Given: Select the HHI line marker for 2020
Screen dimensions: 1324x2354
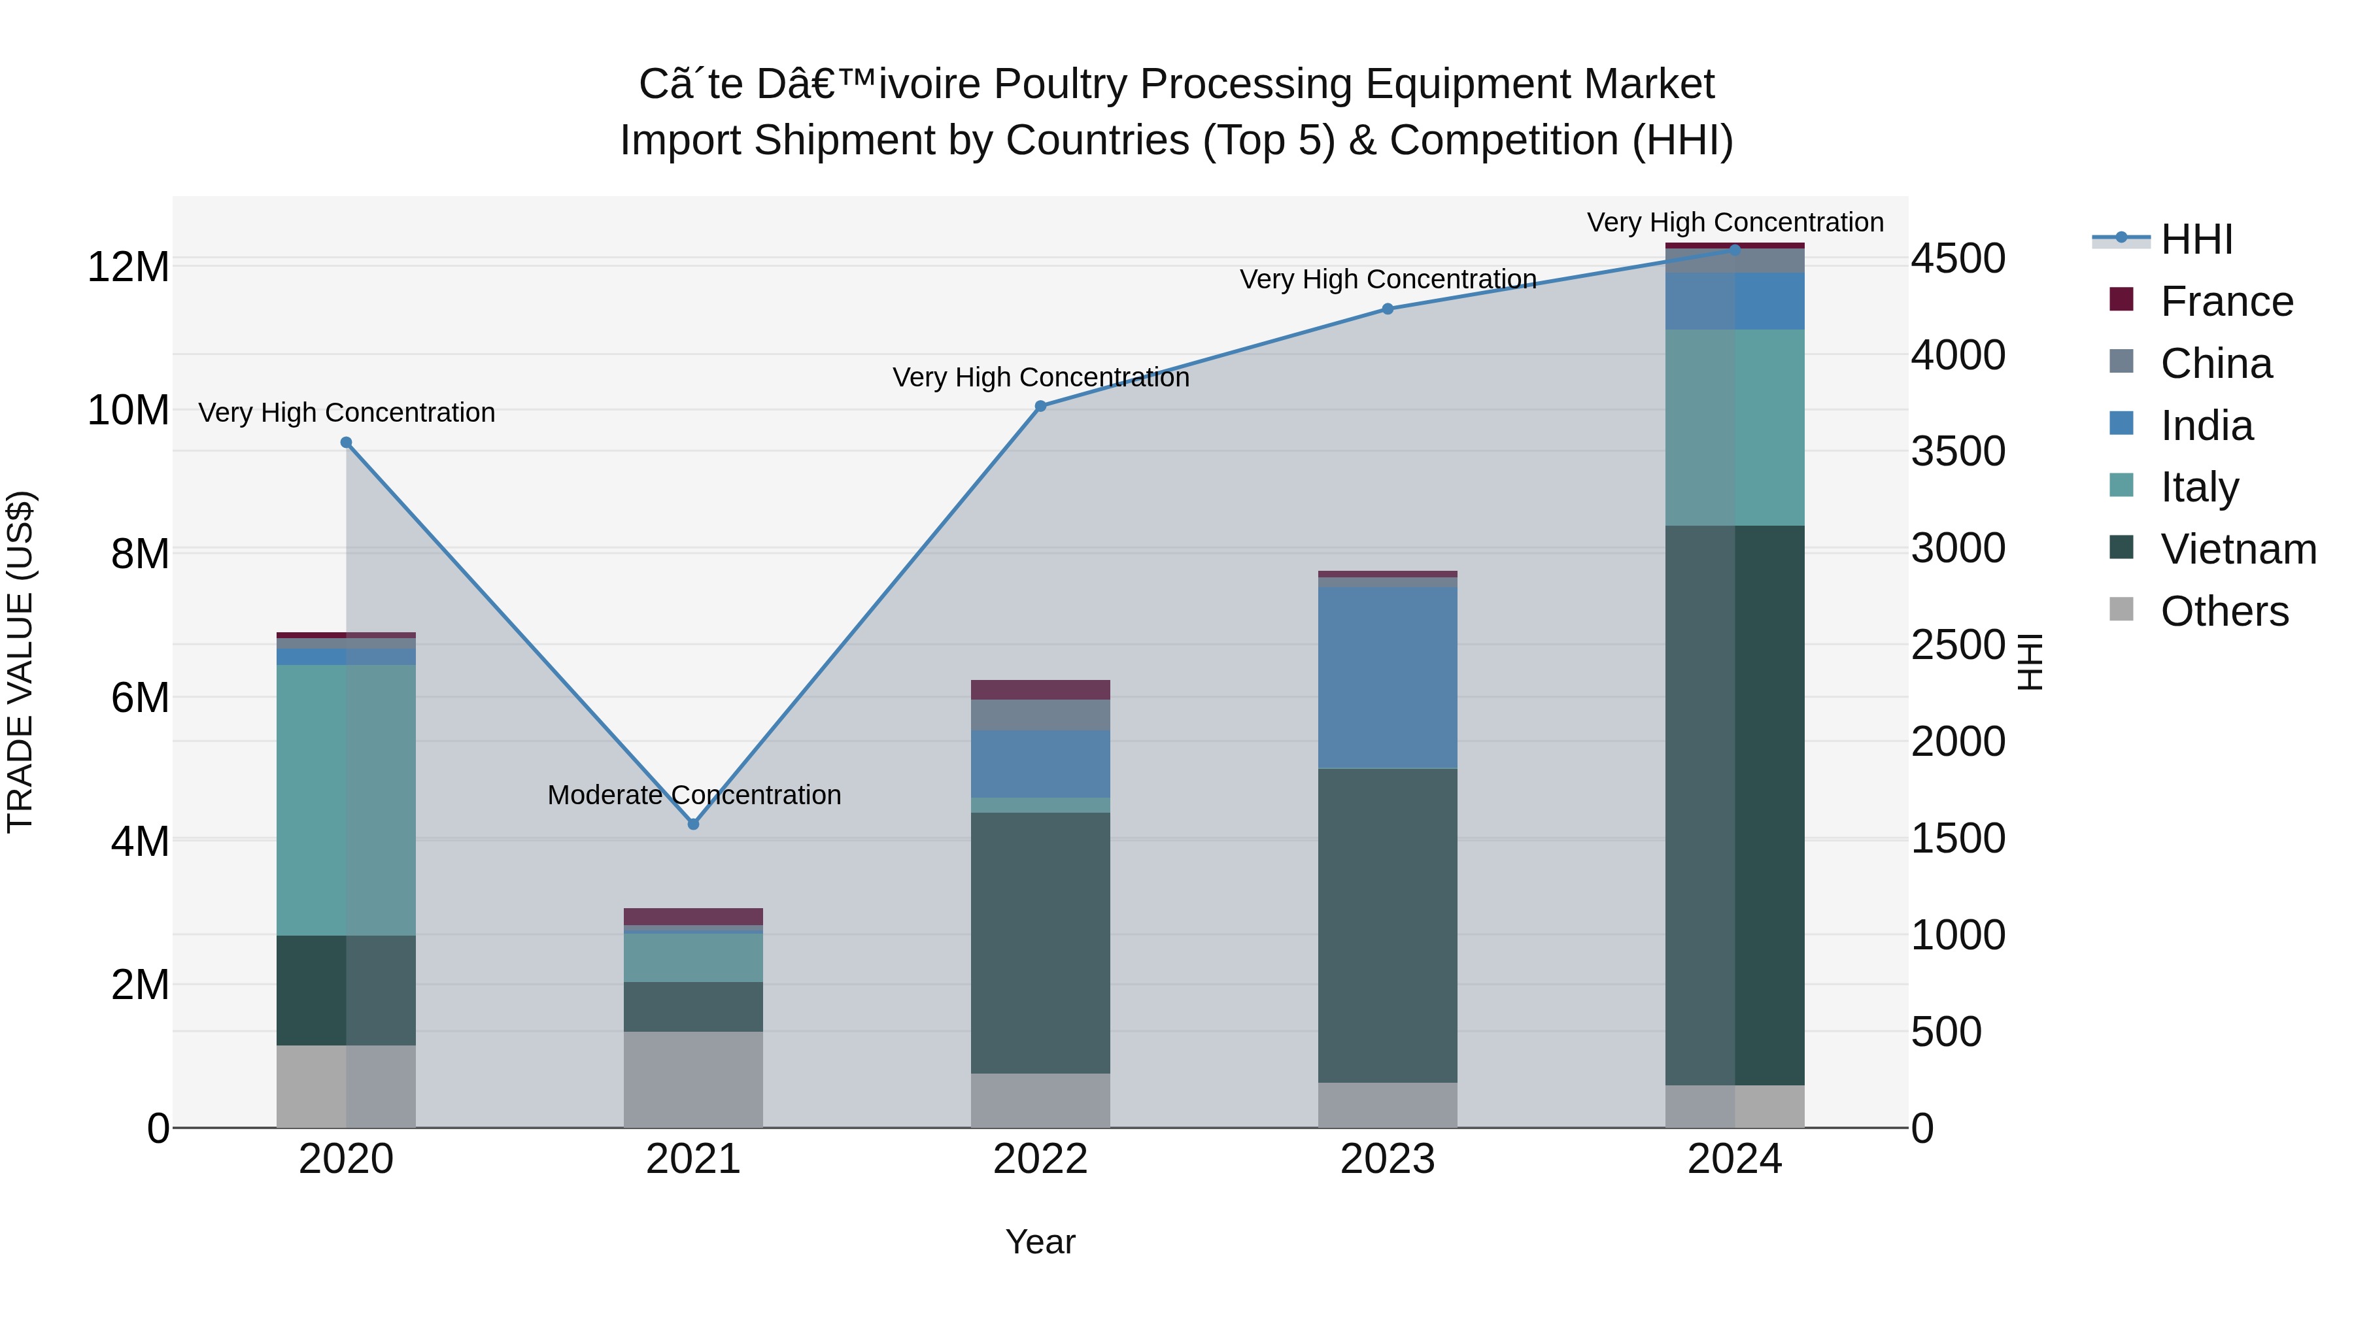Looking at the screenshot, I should coord(347,442).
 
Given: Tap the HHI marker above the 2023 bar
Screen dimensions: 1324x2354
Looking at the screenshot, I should coord(1387,309).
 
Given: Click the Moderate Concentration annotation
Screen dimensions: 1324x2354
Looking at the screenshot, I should coord(694,795).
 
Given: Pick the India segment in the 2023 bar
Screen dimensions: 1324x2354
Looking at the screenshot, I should coord(1387,677).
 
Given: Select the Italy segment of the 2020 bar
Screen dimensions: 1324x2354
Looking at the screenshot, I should coord(347,800).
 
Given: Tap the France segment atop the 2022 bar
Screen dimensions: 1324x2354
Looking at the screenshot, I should coord(1040,689).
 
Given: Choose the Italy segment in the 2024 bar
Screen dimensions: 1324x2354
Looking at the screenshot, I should coord(1734,427).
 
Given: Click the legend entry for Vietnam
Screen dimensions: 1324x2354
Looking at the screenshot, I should coord(2237,549).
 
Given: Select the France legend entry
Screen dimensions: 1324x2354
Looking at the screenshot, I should coord(2225,301).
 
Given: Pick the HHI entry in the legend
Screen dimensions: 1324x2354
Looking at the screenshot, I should coord(2196,239).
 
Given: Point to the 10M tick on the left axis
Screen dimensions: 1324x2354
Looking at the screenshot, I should coord(128,410).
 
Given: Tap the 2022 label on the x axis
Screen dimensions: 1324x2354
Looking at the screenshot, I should coord(1040,1159).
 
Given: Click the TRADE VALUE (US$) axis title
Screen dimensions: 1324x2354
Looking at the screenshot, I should coord(20,662).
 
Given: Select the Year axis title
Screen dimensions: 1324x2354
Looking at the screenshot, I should coord(1040,1242).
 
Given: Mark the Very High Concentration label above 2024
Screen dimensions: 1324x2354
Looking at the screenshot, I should coord(1734,222).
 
